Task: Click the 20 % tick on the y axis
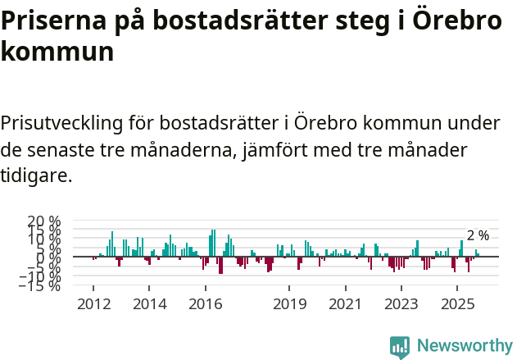[x=44, y=221]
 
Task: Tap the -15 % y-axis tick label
[x=40, y=285]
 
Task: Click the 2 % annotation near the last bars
[x=478, y=235]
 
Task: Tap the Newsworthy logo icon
[x=400, y=346]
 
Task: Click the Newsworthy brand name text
[x=464, y=346]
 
